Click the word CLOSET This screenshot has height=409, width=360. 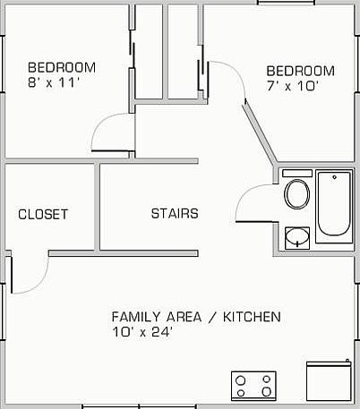43,214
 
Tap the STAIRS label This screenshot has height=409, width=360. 174,214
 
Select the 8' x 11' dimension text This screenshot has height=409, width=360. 54,82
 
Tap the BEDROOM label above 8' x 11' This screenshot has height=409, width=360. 62,67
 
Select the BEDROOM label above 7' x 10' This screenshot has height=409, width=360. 301,72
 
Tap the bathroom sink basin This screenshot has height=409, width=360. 296,238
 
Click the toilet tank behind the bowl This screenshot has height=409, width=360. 296,173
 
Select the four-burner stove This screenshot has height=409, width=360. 253,386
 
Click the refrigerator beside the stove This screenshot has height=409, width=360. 327,382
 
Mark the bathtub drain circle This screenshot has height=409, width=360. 333,178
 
